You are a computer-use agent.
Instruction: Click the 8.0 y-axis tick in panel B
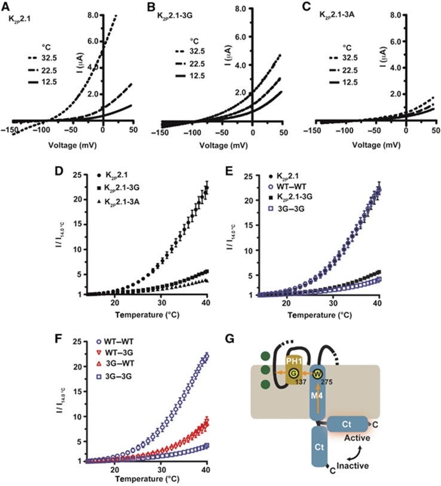point(241,9)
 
